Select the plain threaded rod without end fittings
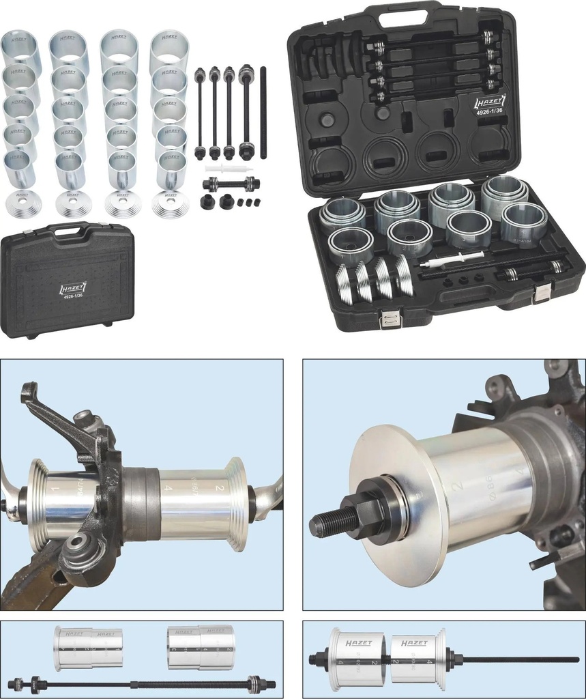click(x=263, y=113)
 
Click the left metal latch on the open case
click(x=391, y=319)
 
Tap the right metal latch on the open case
click(x=542, y=294)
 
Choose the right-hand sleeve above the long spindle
click(x=201, y=647)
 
